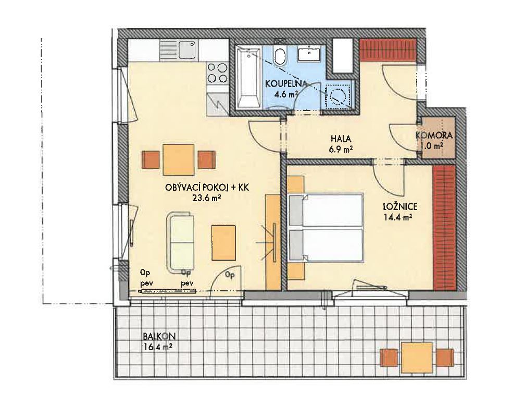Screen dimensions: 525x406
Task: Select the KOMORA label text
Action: (x=434, y=136)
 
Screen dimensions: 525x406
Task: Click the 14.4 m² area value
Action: (x=398, y=217)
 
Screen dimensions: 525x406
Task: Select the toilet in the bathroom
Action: (x=280, y=55)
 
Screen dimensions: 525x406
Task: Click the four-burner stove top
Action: (x=218, y=73)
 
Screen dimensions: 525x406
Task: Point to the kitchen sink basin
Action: (x=187, y=50)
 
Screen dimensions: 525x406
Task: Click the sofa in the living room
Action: (x=180, y=242)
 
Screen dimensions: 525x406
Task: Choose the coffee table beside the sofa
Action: (x=223, y=243)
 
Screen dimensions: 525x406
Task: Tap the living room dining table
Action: (x=179, y=160)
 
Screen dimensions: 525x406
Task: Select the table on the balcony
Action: (x=417, y=358)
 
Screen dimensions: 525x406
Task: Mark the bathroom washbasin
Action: (x=310, y=54)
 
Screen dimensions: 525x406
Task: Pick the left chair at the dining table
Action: (x=151, y=160)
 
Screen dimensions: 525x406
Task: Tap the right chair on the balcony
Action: (x=445, y=358)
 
